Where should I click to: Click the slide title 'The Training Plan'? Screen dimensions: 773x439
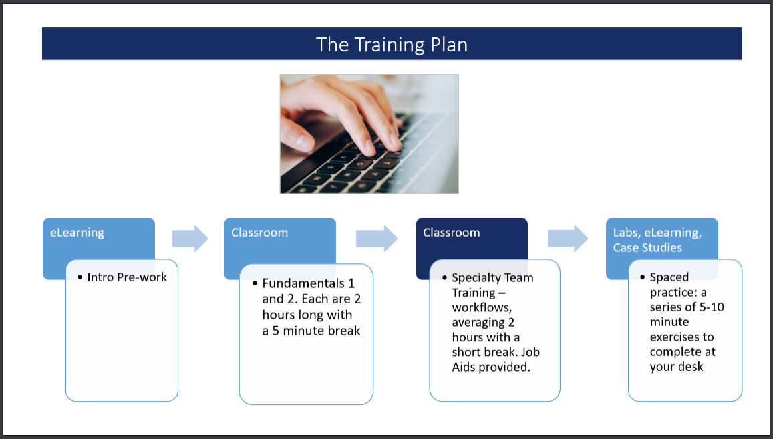(392, 44)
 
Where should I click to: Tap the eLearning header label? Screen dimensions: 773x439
(77, 233)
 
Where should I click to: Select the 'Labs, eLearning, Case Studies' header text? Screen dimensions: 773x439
(657, 240)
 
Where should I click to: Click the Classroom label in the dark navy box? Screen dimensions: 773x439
(451, 233)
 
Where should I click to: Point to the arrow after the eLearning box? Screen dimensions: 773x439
(190, 239)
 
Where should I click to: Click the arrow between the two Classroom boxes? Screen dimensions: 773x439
(377, 239)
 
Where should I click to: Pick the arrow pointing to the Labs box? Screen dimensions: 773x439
(568, 239)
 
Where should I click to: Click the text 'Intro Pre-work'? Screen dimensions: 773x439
(127, 277)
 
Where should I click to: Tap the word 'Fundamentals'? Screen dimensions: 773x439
(303, 283)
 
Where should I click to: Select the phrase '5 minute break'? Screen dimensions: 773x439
(316, 331)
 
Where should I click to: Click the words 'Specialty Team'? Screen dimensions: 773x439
(492, 278)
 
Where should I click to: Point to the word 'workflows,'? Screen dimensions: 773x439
(482, 307)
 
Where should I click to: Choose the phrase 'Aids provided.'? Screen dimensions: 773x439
(491, 367)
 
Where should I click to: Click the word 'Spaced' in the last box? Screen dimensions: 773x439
(669, 277)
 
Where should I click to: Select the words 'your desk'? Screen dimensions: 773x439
(676, 366)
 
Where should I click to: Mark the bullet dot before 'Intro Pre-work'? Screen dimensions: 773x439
(80, 277)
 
